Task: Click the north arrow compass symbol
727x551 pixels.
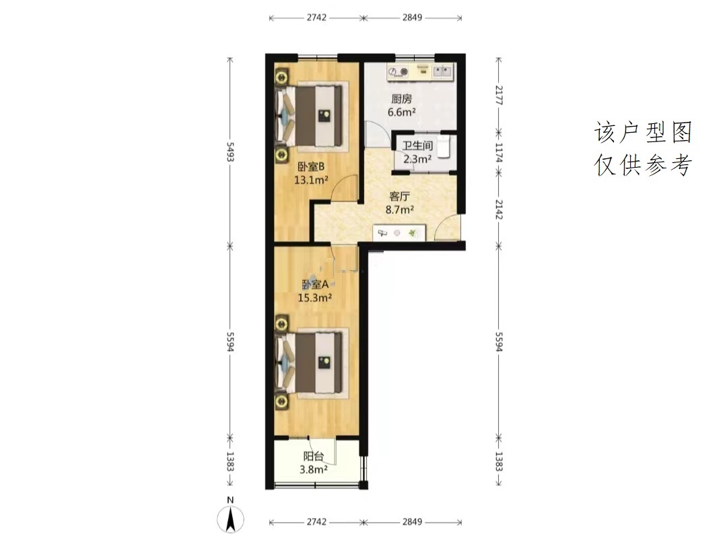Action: click(x=230, y=519)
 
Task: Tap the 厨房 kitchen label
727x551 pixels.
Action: click(x=401, y=99)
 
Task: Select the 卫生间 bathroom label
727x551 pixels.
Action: click(x=417, y=145)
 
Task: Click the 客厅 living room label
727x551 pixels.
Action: click(x=400, y=196)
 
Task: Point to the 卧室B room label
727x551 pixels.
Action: click(x=311, y=166)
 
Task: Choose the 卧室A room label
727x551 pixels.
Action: click(x=315, y=284)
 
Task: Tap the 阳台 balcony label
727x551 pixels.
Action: click(x=314, y=457)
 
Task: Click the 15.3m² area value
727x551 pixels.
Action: click(x=315, y=298)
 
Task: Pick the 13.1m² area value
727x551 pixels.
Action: click(x=311, y=180)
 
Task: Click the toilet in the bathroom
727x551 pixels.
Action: click(x=444, y=147)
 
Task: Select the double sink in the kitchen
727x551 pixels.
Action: click(x=442, y=71)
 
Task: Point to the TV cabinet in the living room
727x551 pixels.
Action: click(x=399, y=233)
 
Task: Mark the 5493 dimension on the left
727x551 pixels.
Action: click(x=230, y=152)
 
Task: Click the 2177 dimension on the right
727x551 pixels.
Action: click(x=499, y=94)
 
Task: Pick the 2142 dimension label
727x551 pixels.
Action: click(x=499, y=209)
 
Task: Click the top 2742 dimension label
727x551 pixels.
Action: click(x=316, y=18)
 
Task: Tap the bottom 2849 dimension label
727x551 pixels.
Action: click(x=412, y=522)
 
